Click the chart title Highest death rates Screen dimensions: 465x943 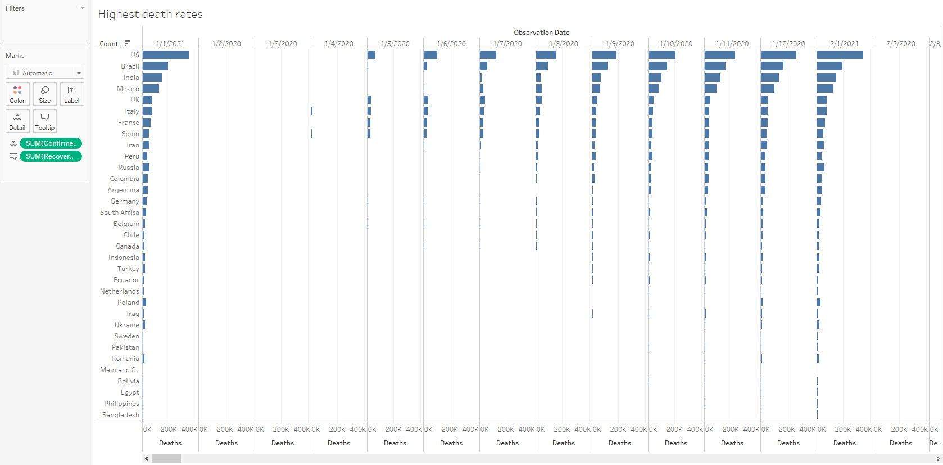[150, 15]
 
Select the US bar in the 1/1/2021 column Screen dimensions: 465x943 [165, 55]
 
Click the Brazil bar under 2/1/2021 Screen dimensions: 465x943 [829, 66]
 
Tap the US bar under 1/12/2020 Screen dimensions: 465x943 [778, 55]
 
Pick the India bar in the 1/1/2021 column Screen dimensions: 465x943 [152, 78]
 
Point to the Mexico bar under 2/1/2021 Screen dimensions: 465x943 [825, 89]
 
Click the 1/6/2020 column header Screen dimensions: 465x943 [451, 44]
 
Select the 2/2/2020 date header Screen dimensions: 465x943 [900, 44]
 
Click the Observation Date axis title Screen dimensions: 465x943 [541, 33]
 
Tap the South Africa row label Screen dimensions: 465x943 [120, 213]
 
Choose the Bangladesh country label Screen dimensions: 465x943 [121, 415]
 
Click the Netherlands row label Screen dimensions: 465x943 [120, 291]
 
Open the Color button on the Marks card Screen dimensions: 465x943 [17, 94]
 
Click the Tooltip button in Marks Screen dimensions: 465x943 [45, 121]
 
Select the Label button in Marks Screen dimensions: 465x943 [72, 94]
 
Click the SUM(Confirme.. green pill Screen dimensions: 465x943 [51, 143]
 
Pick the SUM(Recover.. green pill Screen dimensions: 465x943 [51, 156]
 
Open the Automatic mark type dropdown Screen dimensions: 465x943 [45, 73]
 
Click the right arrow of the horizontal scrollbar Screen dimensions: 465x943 [938, 459]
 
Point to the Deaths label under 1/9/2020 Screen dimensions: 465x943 [619, 443]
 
